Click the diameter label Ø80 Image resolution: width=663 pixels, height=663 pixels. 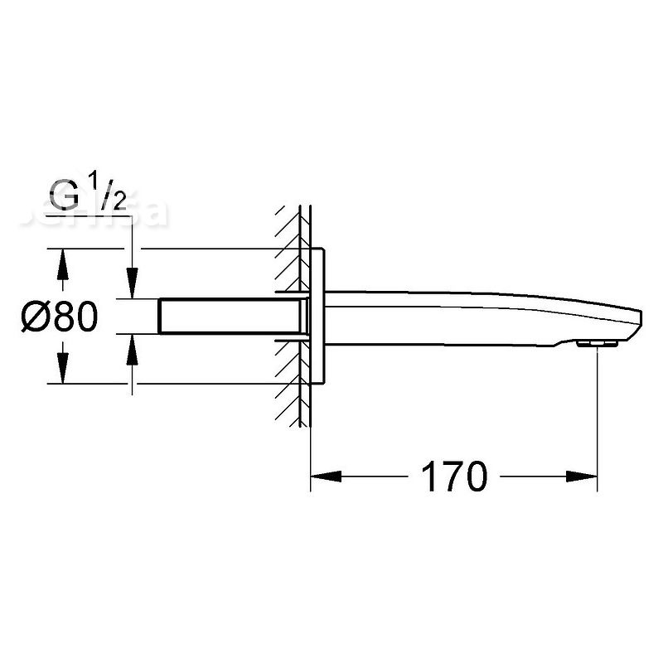61,317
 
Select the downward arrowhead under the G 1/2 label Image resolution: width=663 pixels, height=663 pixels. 129,285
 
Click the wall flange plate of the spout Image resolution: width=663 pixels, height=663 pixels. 320,315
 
